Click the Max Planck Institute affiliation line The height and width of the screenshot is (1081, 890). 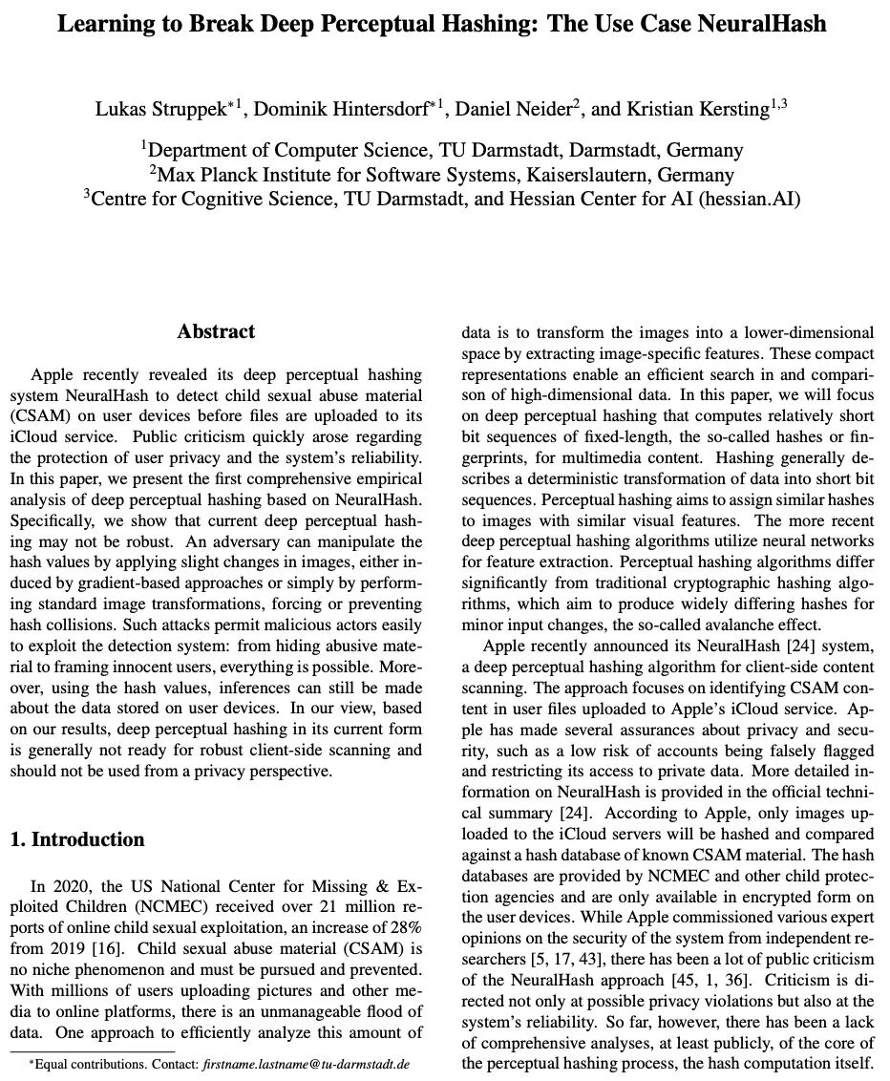coord(441,175)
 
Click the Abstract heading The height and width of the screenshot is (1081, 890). coord(216,332)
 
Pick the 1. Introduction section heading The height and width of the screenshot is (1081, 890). coord(76,840)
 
